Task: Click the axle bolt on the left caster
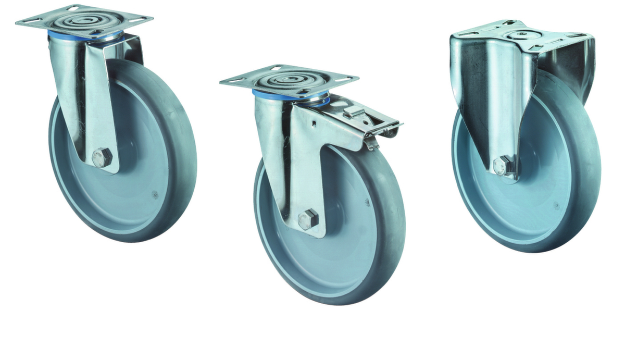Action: pos(102,157)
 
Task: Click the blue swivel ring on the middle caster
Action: pos(263,94)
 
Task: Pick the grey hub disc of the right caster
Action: pos(542,177)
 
